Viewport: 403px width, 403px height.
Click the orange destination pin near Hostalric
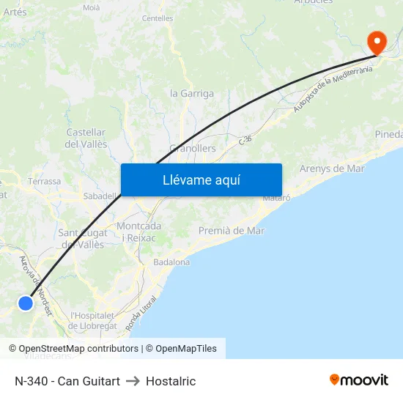(377, 42)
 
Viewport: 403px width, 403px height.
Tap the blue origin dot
(26, 303)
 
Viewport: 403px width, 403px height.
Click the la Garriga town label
(192, 94)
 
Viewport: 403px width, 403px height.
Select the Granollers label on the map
(193, 148)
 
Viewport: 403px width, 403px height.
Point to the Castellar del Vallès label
(86, 138)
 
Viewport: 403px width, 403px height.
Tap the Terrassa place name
(44, 181)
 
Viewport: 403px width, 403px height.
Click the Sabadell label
(100, 196)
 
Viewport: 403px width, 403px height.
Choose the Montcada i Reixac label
(139, 232)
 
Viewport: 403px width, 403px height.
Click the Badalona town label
(171, 262)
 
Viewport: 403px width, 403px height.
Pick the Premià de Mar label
(232, 231)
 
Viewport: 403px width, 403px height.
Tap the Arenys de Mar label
(332, 169)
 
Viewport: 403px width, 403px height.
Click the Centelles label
(158, 18)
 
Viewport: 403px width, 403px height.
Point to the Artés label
(15, 12)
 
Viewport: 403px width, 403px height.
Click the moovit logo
(359, 380)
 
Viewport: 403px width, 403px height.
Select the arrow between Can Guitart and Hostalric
(133, 381)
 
